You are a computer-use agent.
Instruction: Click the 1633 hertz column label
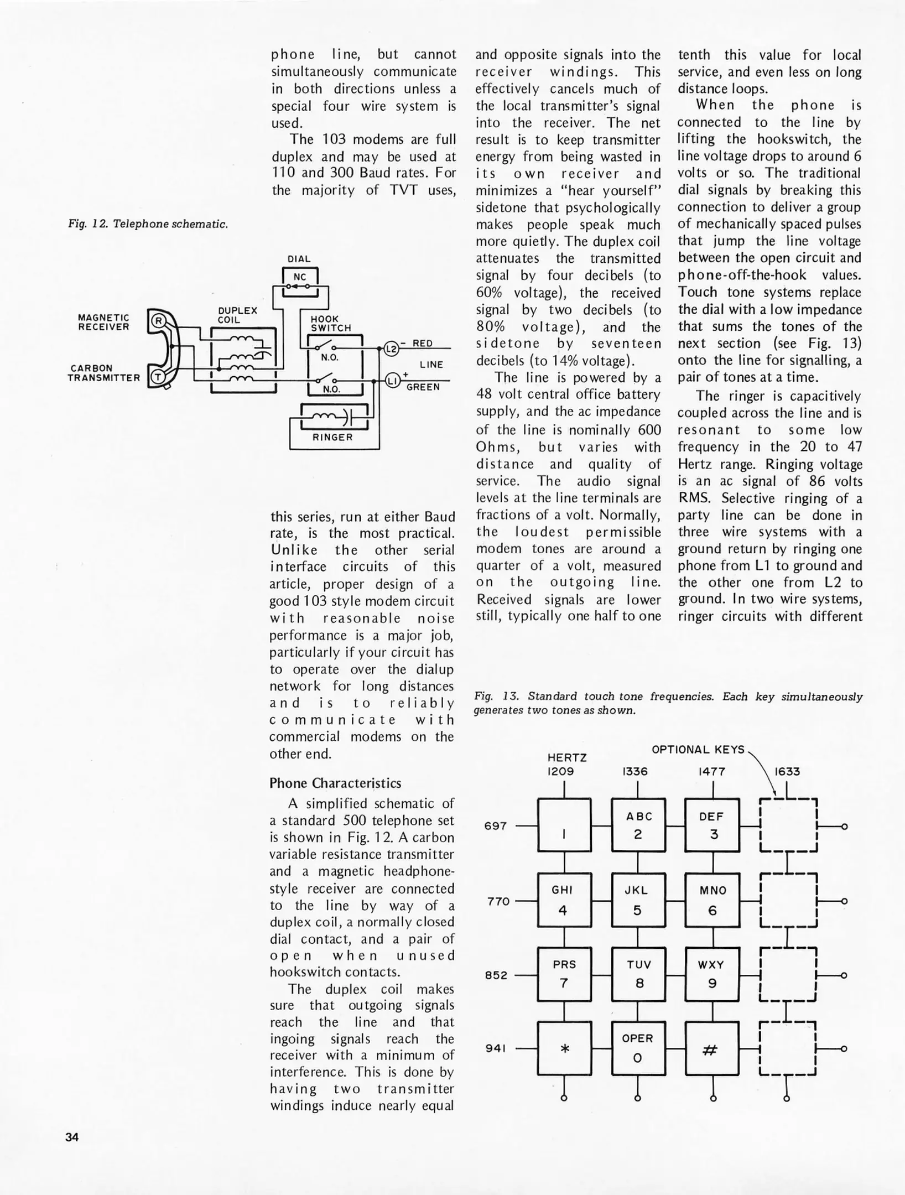pyautogui.click(x=787, y=771)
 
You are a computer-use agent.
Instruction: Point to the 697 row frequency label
pyautogui.click(x=496, y=826)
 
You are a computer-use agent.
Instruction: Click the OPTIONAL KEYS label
pyautogui.click(x=698, y=750)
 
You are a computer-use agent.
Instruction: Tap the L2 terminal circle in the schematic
pyautogui.click(x=391, y=349)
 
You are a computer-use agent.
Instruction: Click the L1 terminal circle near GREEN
pyautogui.click(x=392, y=381)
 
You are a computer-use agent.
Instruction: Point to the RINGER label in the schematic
pyautogui.click(x=332, y=437)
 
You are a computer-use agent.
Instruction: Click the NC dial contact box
pyautogui.click(x=300, y=277)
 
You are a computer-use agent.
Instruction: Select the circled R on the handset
pyautogui.click(x=159, y=321)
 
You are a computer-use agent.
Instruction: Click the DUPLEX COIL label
pyautogui.click(x=237, y=315)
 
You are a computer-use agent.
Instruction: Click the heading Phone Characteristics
pyautogui.click(x=335, y=783)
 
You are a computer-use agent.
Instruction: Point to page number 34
pyautogui.click(x=72, y=1137)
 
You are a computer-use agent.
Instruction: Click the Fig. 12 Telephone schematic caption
pyautogui.click(x=148, y=224)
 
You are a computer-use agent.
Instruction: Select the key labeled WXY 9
pyautogui.click(x=712, y=974)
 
